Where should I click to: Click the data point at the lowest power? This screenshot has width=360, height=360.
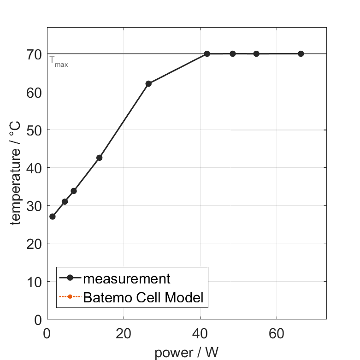pyautogui.click(x=53, y=217)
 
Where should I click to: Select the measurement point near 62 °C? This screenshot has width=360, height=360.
pyautogui.click(x=148, y=83)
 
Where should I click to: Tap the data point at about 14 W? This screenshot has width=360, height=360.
pyautogui.click(x=99, y=158)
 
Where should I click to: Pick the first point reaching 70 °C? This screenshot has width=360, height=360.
pyautogui.click(x=207, y=54)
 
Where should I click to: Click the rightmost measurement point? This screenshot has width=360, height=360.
pyautogui.click(x=301, y=54)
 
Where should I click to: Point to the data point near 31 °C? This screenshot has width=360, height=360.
pyautogui.click(x=65, y=201)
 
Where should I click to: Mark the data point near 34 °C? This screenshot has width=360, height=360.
pyautogui.click(x=74, y=191)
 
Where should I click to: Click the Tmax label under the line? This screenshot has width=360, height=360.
pyautogui.click(x=59, y=61)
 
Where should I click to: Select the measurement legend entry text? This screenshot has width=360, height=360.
pyautogui.click(x=127, y=278)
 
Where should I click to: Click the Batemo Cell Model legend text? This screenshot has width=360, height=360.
pyautogui.click(x=143, y=297)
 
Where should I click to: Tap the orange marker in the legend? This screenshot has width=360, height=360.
pyautogui.click(x=70, y=296)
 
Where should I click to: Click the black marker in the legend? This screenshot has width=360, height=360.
pyautogui.click(x=70, y=277)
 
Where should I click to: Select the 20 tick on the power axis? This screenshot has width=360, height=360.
pyautogui.click(x=124, y=333)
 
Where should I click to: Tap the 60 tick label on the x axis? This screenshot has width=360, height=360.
pyautogui.click(x=277, y=333)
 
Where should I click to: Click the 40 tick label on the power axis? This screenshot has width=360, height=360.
pyautogui.click(x=200, y=333)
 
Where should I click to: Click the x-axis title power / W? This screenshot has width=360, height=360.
pyautogui.click(x=186, y=353)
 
